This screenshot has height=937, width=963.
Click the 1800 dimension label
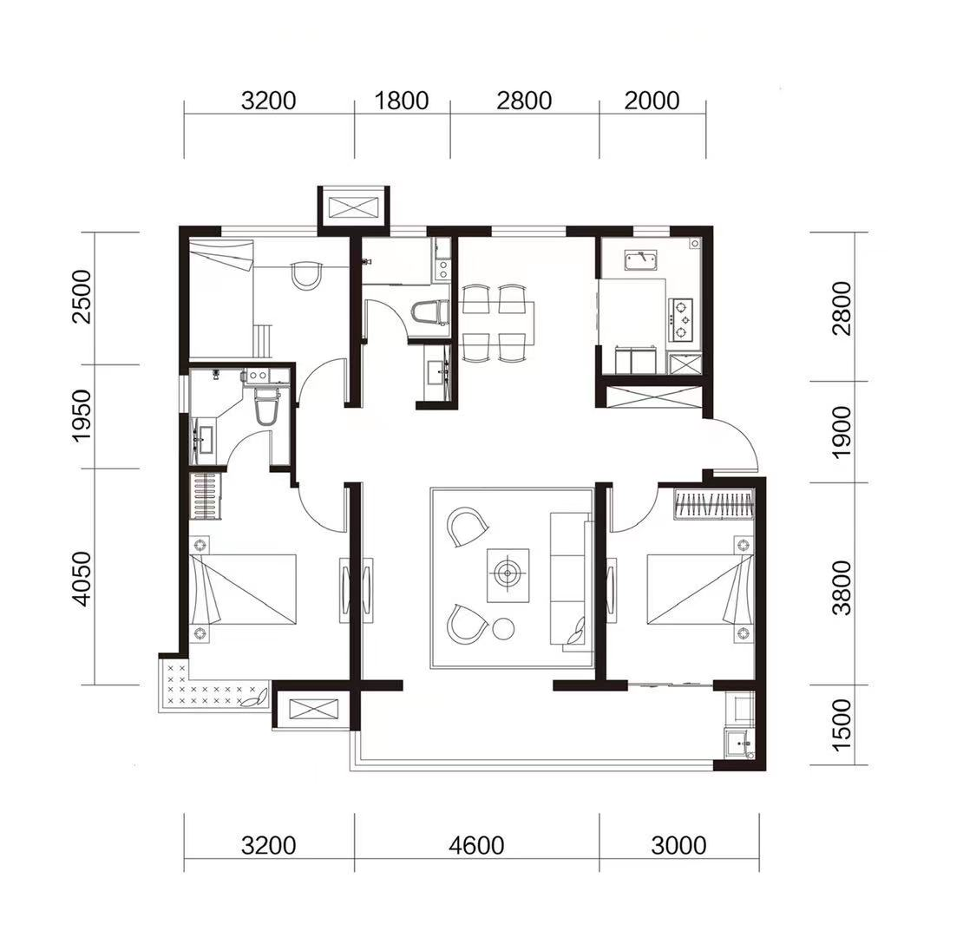401,101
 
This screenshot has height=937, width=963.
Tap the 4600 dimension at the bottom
476,846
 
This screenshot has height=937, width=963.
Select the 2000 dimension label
652,101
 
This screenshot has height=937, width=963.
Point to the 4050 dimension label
81,579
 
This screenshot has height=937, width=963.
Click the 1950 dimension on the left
81,415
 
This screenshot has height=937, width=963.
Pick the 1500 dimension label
842,724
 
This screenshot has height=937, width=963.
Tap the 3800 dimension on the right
842,587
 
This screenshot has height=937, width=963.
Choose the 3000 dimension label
678,846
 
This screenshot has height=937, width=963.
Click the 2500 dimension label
81,297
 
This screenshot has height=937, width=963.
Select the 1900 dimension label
842,432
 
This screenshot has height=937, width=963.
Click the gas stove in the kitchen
681,319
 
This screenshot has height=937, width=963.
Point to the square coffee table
508,575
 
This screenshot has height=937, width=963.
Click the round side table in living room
503,628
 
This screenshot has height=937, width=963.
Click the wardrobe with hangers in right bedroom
714,503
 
